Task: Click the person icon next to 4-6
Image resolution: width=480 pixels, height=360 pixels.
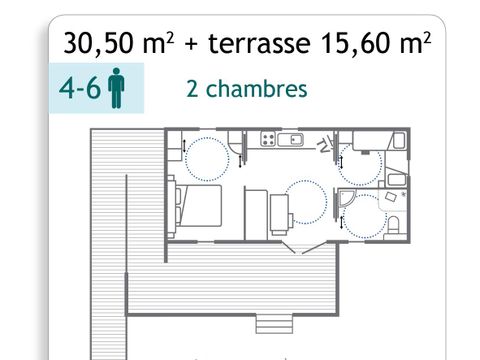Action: coord(117,89)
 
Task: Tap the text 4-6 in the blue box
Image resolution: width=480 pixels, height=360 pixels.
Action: coord(79,88)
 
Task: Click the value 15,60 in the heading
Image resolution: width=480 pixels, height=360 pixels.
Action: coord(358,44)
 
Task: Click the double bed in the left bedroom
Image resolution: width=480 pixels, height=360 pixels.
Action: coord(190,207)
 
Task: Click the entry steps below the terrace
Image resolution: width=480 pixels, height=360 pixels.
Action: coord(271,324)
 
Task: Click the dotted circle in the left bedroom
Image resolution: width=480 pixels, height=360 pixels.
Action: coord(208,156)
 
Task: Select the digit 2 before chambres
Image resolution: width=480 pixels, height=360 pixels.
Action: coord(192,88)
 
